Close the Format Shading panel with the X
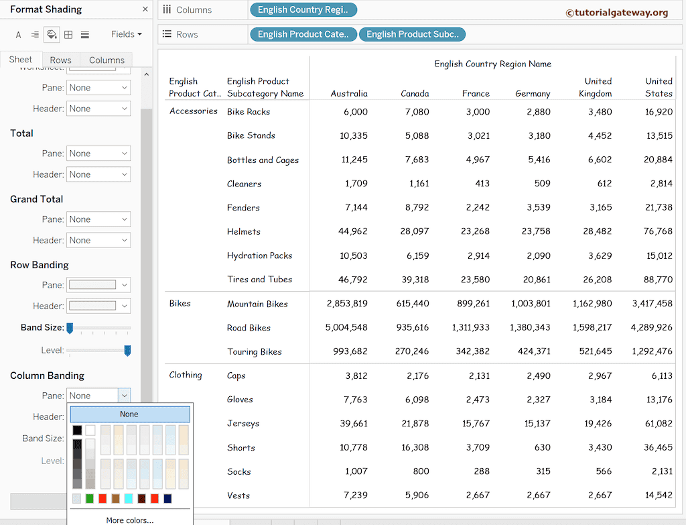(x=145, y=9)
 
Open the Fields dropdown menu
(x=126, y=34)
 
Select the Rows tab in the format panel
(x=60, y=60)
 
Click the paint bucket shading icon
(x=52, y=34)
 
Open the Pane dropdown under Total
(x=98, y=154)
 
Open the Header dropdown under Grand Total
(x=98, y=240)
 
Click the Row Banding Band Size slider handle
(x=69, y=328)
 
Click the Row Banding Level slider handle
(x=127, y=351)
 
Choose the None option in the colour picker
(x=129, y=414)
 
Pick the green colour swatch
(x=90, y=498)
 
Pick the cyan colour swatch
(x=129, y=498)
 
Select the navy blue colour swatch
(x=167, y=498)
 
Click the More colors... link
(x=129, y=520)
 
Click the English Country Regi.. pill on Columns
(x=303, y=10)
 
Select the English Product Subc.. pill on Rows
(x=412, y=34)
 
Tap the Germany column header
(x=533, y=93)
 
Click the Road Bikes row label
(x=249, y=328)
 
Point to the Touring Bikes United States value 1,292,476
(x=652, y=351)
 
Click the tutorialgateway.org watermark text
(x=616, y=12)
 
